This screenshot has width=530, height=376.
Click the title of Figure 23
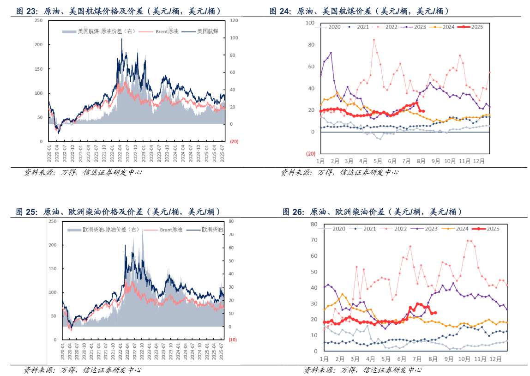click(119, 11)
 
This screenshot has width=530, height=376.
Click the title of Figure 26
click(372, 212)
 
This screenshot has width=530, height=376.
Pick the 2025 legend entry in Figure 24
click(473, 27)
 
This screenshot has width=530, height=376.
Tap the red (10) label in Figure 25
click(233, 340)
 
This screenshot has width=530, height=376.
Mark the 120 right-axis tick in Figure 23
click(234, 21)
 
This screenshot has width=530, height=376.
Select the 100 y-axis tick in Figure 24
click(310, 23)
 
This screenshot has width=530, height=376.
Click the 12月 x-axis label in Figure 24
click(479, 161)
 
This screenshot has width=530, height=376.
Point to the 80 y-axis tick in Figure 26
click(314, 224)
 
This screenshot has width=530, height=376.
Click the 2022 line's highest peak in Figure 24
click(374, 40)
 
